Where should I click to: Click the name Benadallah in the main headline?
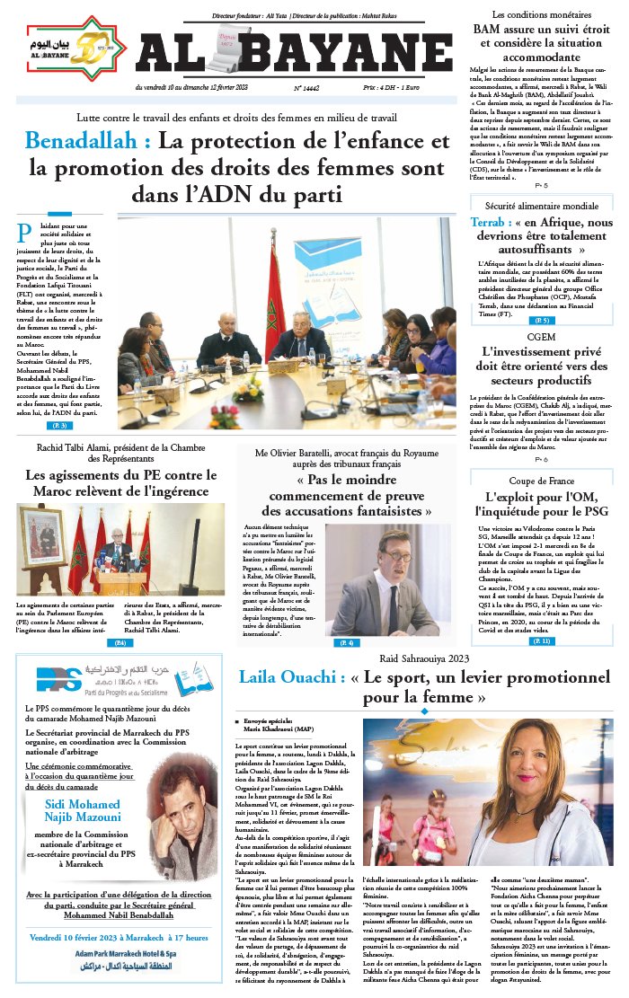86,141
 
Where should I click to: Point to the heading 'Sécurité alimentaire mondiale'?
536,206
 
